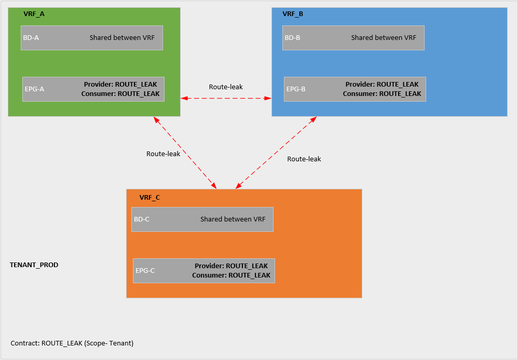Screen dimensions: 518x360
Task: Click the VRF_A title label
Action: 34,14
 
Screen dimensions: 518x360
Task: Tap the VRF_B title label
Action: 293,14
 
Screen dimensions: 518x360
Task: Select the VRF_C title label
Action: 149,198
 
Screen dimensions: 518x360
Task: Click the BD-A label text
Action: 31,38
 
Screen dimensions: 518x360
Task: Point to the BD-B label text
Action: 293,38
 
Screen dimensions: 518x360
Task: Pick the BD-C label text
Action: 142,219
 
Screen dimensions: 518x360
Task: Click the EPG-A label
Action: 34,89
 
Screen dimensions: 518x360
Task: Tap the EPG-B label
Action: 296,89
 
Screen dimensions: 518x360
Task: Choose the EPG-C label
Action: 145,270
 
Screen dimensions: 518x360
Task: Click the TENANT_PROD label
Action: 34,265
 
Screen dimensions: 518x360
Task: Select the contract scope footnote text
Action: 72,343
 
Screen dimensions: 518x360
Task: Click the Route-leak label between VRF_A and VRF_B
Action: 226,87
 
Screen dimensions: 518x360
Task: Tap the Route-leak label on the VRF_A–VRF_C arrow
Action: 163,154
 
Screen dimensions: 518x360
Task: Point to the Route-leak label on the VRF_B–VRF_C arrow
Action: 304,159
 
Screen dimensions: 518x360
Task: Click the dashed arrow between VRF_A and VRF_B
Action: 226,98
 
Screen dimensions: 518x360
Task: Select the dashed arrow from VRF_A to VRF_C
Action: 185,153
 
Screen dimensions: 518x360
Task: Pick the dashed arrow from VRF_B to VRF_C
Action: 276,153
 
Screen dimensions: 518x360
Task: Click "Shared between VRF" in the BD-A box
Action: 122,38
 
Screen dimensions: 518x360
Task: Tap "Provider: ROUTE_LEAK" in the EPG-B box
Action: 382,84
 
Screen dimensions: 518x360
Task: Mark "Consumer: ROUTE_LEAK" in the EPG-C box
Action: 231,275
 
